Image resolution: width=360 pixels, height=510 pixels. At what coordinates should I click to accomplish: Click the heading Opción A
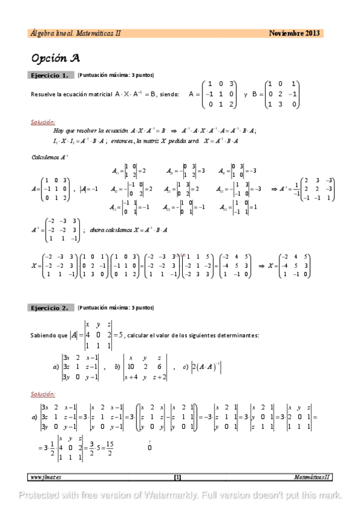(55, 58)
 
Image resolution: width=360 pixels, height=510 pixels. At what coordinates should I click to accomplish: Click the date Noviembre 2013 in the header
(294, 34)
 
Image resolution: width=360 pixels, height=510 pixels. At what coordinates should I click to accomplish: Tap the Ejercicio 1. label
(52, 75)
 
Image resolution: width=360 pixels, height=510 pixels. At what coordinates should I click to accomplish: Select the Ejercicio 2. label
(52, 307)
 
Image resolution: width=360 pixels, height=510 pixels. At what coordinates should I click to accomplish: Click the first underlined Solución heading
(43, 121)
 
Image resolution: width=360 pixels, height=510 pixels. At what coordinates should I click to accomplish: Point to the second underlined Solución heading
(43, 394)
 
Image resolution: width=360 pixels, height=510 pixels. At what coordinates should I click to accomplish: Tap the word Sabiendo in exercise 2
(43, 336)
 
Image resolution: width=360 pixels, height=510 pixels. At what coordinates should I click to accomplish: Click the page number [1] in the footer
(177, 478)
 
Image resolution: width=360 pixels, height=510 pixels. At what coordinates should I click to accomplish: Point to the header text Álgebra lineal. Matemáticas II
(75, 34)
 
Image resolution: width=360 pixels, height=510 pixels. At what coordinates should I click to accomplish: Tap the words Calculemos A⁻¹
(50, 157)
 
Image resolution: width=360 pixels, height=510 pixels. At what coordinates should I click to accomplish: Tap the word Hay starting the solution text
(58, 131)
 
